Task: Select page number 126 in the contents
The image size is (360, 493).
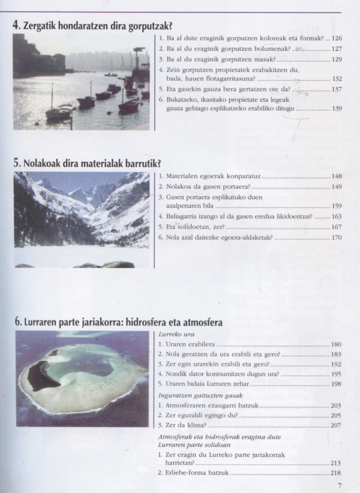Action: [337, 37]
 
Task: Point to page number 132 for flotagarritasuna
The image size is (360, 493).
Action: [337, 79]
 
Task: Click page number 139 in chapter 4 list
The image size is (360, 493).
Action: [337, 109]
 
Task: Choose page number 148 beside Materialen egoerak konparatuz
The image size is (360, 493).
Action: [337, 176]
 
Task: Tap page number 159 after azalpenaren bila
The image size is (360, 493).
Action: [337, 206]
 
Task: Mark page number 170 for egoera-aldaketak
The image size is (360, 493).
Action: [337, 238]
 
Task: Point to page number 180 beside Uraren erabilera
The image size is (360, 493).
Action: [337, 345]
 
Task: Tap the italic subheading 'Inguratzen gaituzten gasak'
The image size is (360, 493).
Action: [192, 395]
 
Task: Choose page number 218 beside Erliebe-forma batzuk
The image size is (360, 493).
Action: [337, 473]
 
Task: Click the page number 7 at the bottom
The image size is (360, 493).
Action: [340, 486]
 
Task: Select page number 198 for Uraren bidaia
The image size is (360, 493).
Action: [337, 384]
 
